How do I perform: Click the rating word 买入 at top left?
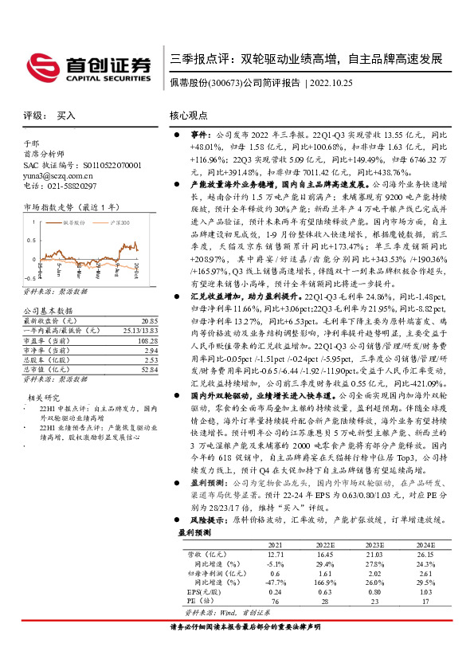66,116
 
